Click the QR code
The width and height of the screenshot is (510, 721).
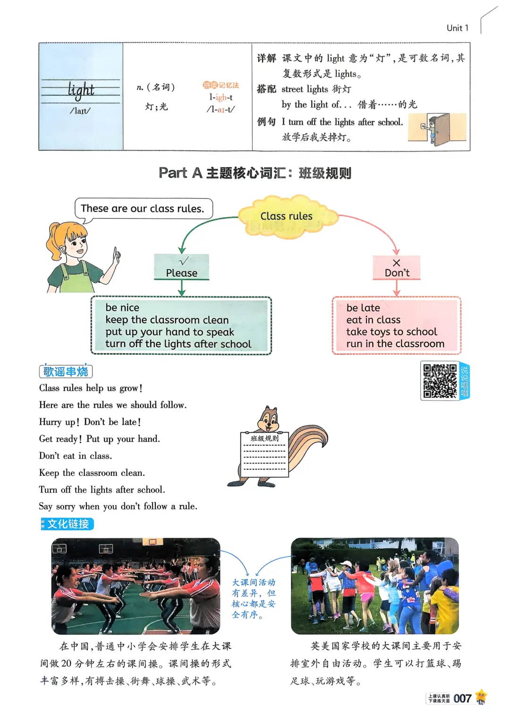[440, 381]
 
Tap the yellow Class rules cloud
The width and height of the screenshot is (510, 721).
[287, 216]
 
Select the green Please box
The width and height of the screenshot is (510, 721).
[182, 267]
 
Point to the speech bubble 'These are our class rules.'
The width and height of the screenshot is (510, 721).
[143, 208]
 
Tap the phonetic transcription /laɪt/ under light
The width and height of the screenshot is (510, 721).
[80, 111]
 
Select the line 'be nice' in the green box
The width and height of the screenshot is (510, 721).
[122, 307]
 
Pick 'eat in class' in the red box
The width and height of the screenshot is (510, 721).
[373, 320]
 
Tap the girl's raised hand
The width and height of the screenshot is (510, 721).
[116, 256]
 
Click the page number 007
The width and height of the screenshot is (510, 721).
[462, 698]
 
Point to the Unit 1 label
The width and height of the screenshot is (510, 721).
[457, 28]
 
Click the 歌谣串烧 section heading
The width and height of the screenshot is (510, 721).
[66, 372]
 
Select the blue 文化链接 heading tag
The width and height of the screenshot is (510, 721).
[68, 524]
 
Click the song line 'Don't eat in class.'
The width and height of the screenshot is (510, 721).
[76, 456]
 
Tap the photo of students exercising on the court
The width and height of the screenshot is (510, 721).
[136, 586]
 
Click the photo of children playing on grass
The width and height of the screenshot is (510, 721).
[374, 586]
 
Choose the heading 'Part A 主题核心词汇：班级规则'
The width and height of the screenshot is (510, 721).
[255, 173]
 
